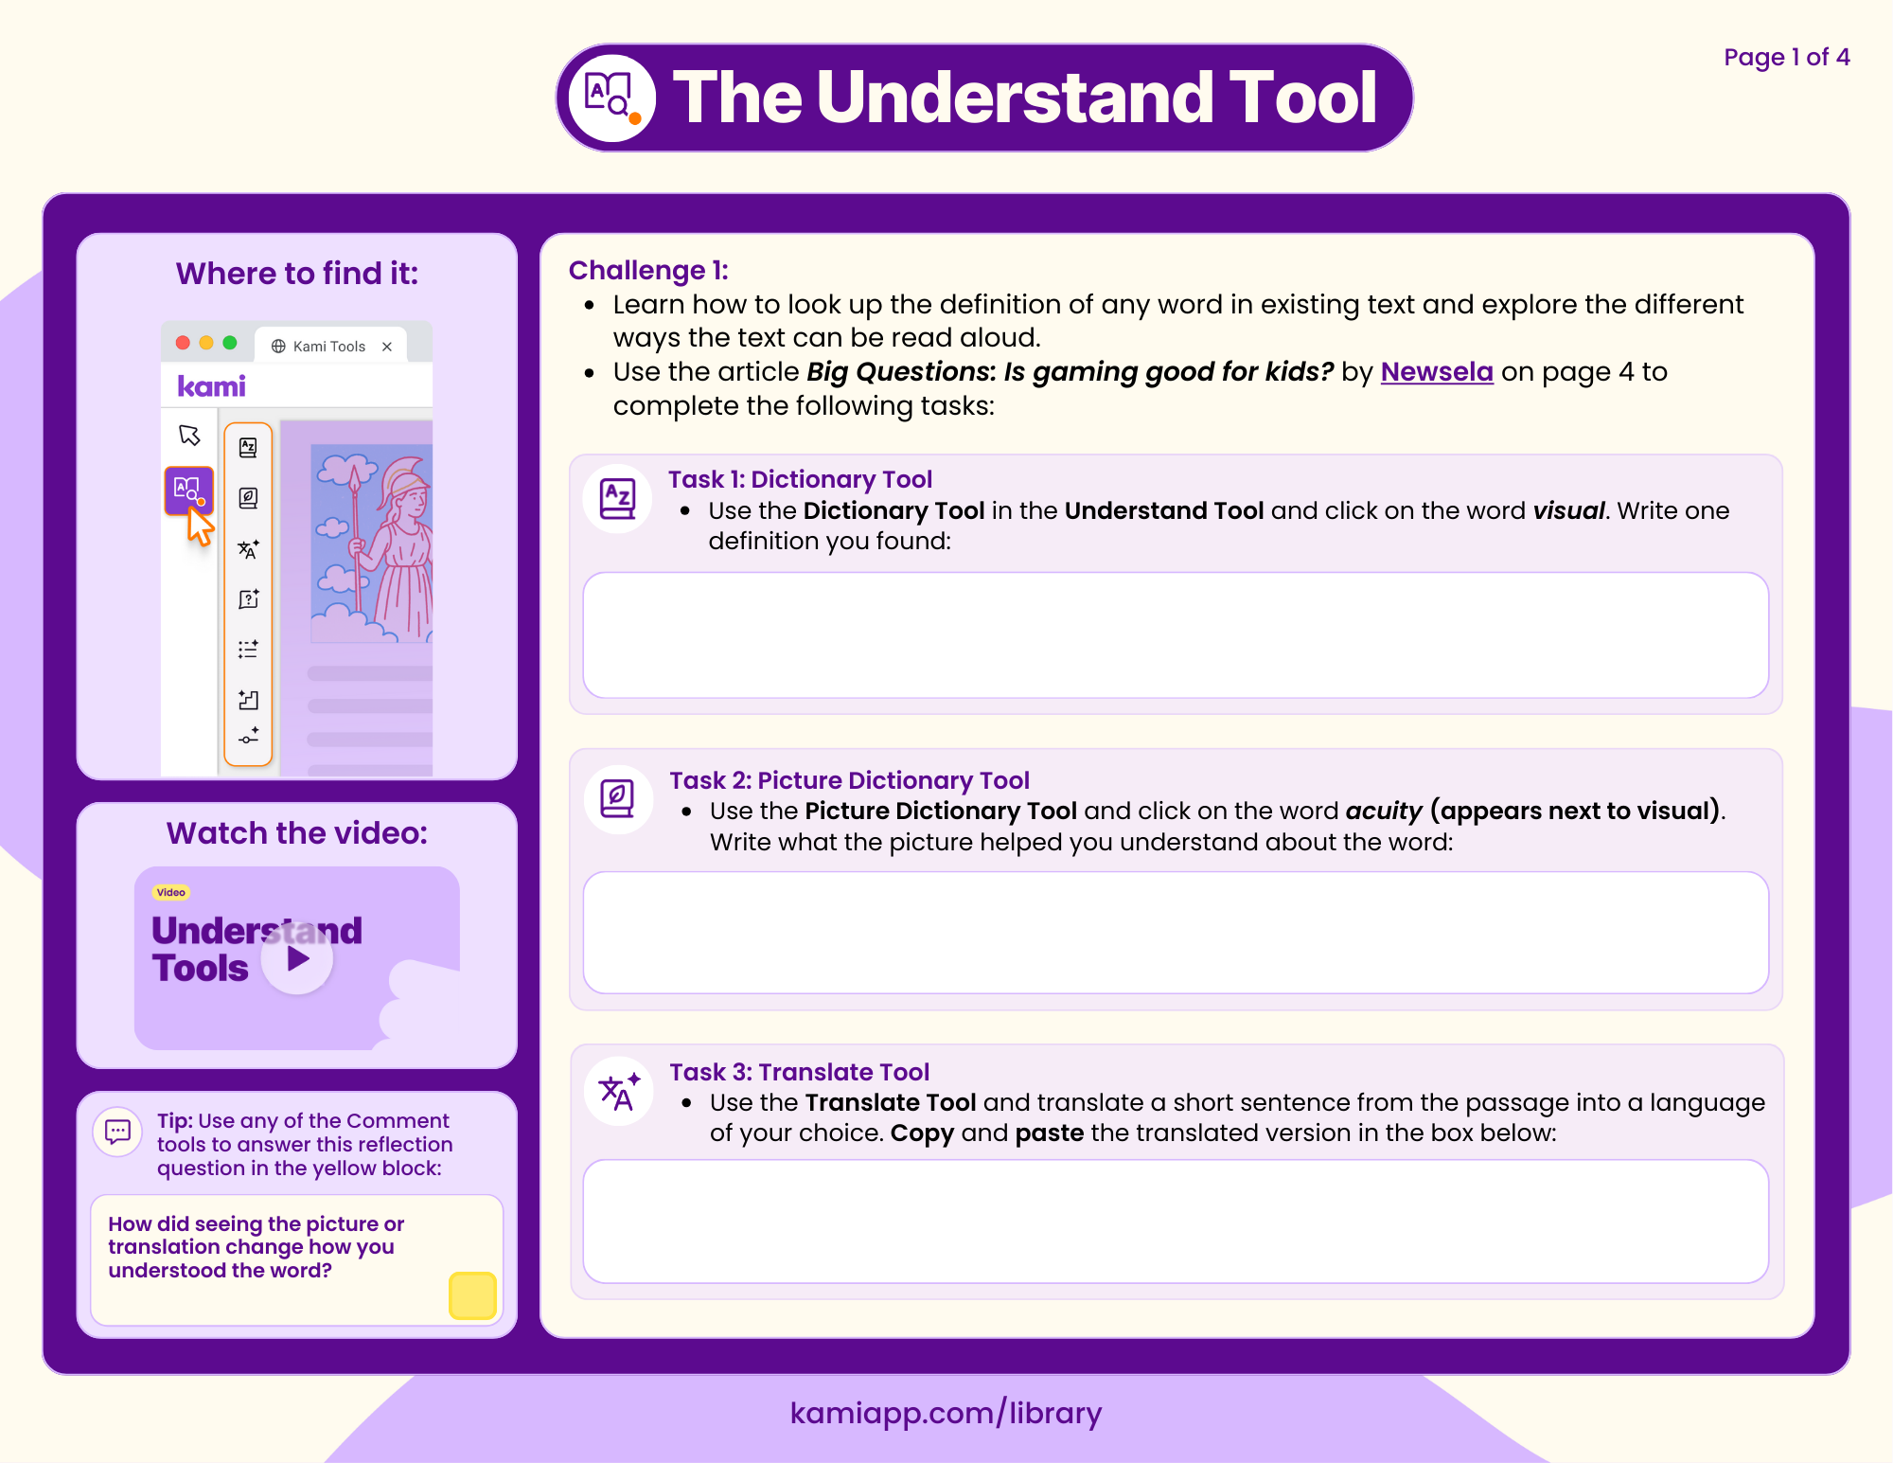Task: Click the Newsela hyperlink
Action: point(1436,372)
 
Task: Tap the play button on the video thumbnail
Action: point(297,959)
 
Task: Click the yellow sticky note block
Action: point(472,1295)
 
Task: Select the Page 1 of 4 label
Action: point(1786,58)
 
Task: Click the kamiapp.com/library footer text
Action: point(946,1413)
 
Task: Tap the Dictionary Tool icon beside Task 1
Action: point(618,498)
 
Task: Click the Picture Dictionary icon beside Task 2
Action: point(618,798)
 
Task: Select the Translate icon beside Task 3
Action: point(619,1091)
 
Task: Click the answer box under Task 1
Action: point(1175,634)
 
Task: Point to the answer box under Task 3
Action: point(1175,1221)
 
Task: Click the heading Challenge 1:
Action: point(648,271)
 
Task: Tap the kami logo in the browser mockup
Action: point(211,386)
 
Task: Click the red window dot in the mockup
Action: point(183,343)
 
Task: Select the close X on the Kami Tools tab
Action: point(387,347)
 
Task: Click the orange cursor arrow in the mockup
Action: point(200,526)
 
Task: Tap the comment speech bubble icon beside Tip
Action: point(118,1131)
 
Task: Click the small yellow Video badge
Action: point(171,892)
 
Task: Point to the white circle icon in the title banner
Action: point(612,98)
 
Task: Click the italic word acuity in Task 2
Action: point(1383,812)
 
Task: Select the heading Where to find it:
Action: point(297,274)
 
